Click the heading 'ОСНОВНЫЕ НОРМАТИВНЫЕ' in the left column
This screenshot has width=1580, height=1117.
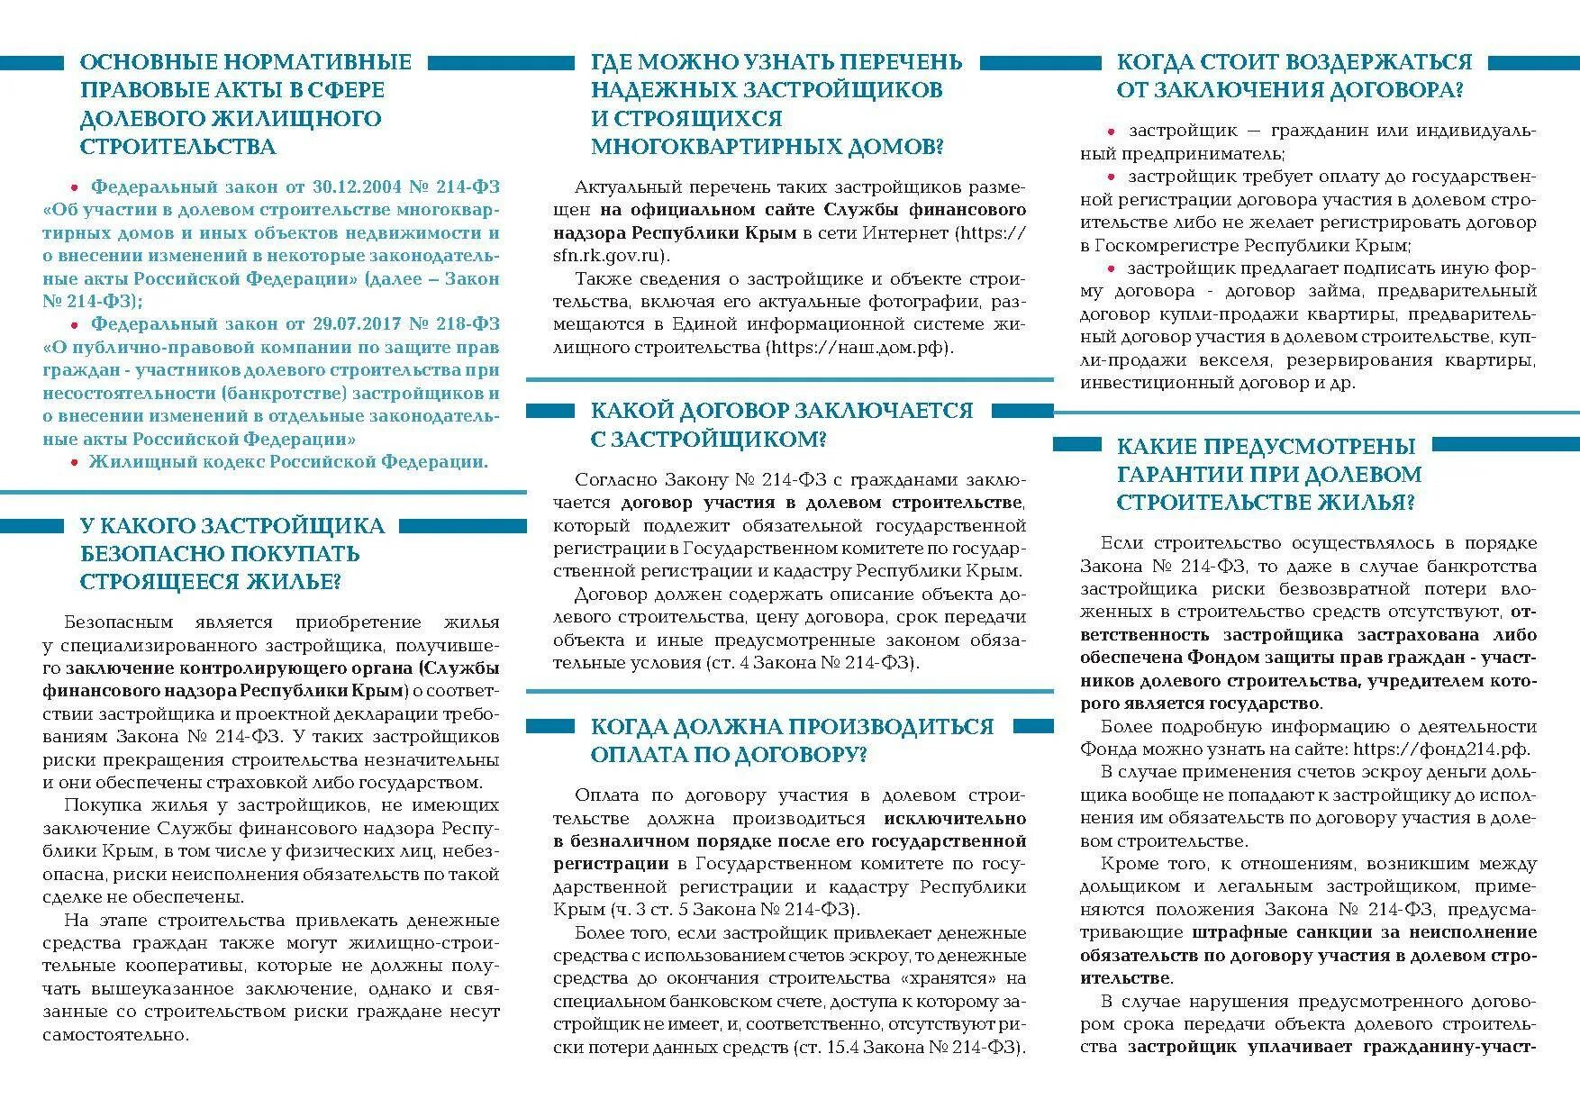(x=245, y=62)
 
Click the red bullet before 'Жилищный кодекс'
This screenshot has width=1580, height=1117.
(x=75, y=463)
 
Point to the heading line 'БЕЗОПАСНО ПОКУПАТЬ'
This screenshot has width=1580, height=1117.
(x=220, y=554)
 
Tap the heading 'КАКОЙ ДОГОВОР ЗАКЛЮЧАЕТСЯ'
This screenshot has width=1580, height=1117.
(x=782, y=411)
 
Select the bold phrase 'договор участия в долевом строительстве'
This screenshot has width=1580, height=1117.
(x=822, y=503)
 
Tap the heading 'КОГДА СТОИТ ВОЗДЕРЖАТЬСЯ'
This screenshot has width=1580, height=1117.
(x=1294, y=62)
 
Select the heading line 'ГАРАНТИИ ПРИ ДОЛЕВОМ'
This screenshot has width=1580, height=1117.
(x=1268, y=475)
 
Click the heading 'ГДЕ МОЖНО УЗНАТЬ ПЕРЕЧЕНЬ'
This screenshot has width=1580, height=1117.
(x=776, y=62)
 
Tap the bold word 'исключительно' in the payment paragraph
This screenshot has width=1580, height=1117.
(x=955, y=819)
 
